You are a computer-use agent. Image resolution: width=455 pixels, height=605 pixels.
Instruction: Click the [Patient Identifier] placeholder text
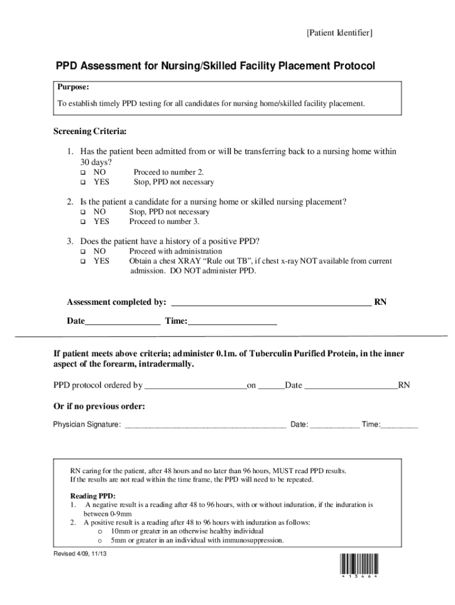[x=339, y=33]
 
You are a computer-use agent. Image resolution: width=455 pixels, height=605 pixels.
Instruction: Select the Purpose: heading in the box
[x=73, y=87]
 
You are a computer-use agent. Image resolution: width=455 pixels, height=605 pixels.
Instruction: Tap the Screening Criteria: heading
[x=90, y=131]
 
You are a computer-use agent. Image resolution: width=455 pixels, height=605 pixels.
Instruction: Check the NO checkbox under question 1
[x=83, y=172]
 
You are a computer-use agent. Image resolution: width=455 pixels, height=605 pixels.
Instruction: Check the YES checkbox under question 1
[x=83, y=182]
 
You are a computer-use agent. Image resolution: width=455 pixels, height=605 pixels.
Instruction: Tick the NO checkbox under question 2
[x=83, y=212]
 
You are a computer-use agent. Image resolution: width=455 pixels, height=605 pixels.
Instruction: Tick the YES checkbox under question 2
[x=83, y=222]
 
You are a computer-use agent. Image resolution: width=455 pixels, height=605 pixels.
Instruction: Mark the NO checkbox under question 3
[x=83, y=252]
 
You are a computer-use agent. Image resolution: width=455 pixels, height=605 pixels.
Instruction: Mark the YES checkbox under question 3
[x=83, y=261]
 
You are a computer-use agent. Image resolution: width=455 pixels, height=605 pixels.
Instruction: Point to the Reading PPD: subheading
[x=93, y=496]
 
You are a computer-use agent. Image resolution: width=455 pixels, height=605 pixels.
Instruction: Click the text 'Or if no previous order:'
[x=99, y=406]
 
